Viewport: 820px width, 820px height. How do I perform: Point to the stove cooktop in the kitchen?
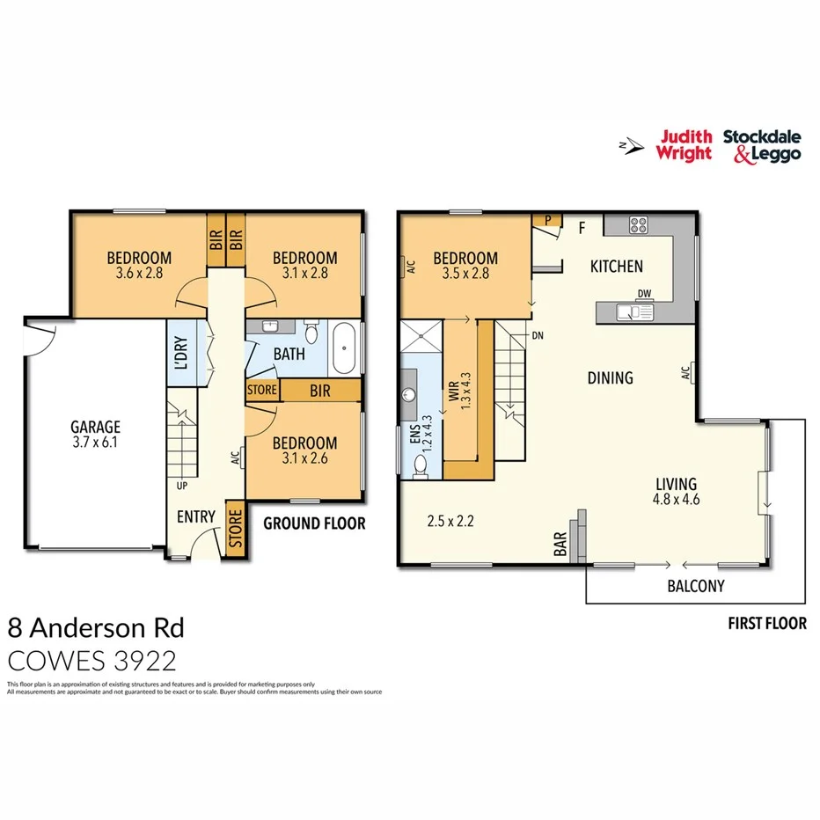coord(639,225)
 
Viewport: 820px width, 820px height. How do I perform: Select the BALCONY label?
coord(695,586)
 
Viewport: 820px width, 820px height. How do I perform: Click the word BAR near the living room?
coord(560,547)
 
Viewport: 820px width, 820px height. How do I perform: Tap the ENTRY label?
coord(195,516)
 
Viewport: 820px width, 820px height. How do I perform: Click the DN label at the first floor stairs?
coord(537,335)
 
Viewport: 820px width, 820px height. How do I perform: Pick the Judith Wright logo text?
coord(684,145)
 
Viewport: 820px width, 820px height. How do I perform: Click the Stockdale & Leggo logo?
coord(762,145)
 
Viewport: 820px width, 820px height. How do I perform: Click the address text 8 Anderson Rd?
coord(96,627)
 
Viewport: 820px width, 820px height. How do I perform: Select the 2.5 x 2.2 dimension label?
coord(450,521)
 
